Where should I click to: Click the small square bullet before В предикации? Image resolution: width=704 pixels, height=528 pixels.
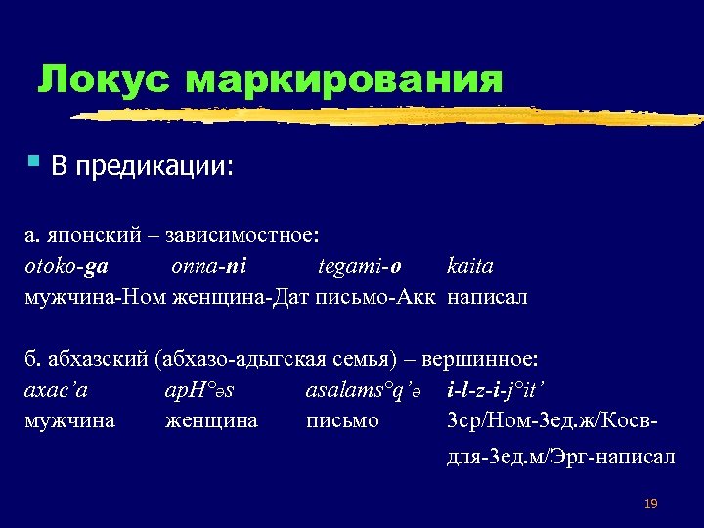(32, 159)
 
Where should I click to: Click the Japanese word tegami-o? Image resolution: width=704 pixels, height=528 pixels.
(360, 266)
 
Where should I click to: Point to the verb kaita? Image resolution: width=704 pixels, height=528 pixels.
(470, 266)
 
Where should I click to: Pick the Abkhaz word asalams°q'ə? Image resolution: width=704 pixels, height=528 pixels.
(365, 391)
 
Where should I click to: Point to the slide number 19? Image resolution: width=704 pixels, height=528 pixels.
(651, 505)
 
